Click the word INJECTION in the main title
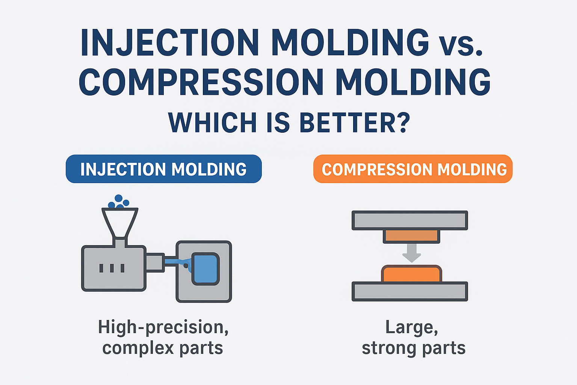click(x=169, y=42)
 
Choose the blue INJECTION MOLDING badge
click(x=163, y=169)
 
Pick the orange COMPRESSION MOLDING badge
click(x=413, y=169)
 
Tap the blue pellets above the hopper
click(x=119, y=202)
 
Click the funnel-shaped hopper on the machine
click(x=120, y=222)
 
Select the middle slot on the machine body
click(x=112, y=268)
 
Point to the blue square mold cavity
click(x=205, y=268)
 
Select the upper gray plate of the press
click(x=410, y=220)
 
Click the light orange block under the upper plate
click(x=411, y=236)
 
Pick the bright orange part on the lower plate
click(x=411, y=274)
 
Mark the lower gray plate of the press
click(x=410, y=291)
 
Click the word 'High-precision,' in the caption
click(x=163, y=327)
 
